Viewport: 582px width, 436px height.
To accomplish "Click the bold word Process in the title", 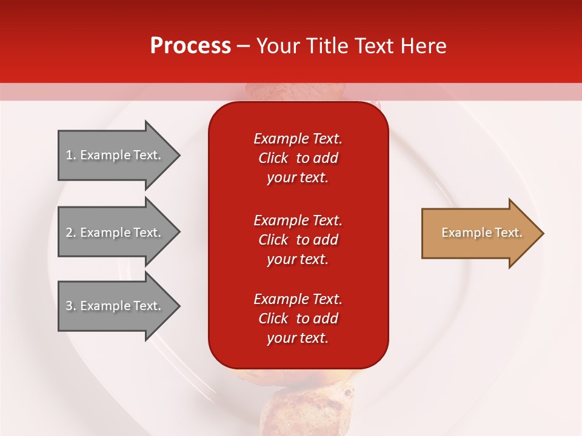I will coord(190,46).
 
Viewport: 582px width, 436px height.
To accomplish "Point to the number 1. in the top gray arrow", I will coord(71,155).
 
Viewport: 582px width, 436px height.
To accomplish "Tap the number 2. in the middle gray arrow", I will coord(71,233).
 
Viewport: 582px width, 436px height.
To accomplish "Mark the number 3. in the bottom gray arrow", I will coord(71,306).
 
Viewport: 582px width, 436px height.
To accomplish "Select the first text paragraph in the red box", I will coord(298,158).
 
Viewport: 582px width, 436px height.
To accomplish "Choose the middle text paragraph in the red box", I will coord(298,240).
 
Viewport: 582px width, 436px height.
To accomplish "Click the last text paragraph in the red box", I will coord(298,319).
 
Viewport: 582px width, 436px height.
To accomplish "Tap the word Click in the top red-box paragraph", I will coord(273,158).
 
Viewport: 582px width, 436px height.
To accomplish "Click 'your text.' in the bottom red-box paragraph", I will coord(298,338).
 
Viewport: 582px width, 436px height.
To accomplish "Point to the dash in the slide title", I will coord(244,46).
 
